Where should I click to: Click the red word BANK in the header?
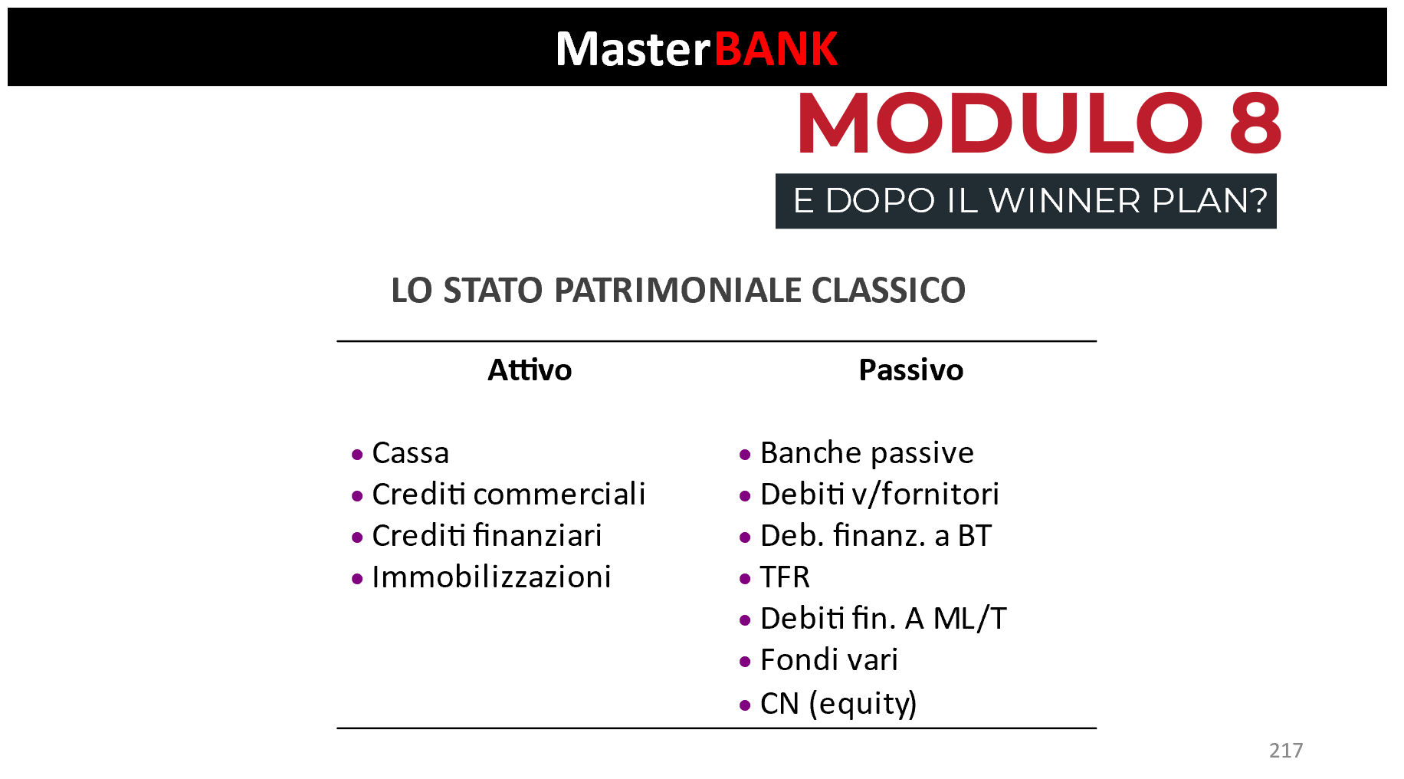tap(776, 49)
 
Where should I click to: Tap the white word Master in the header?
tap(634, 49)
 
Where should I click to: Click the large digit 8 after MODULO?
tap(1255, 123)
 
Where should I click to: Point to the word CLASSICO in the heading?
tap(888, 291)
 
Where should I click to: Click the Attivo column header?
tap(530, 370)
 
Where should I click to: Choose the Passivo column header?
tap(910, 370)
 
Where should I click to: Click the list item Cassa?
tap(410, 453)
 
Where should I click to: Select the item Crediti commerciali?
tap(509, 495)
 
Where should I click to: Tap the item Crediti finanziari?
tap(487, 536)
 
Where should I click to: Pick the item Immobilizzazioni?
tap(491, 577)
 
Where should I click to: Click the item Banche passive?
tap(867, 453)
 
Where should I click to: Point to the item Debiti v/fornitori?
tap(880, 495)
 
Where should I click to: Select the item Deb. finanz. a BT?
tap(876, 536)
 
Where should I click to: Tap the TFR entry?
tap(785, 577)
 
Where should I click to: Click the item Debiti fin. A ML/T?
tap(884, 619)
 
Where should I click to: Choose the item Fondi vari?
tap(829, 660)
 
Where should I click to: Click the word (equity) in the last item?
tap(863, 704)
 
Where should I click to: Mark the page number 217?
tap(1286, 751)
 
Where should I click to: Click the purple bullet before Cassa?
tap(357, 455)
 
